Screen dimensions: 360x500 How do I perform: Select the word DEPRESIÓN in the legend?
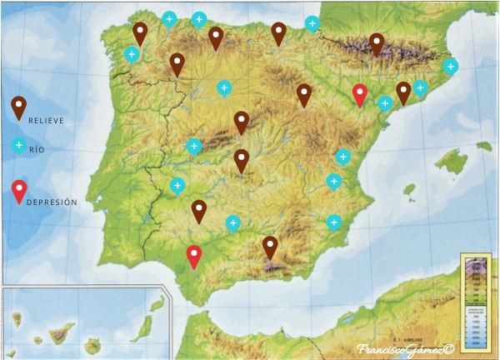pos(52,202)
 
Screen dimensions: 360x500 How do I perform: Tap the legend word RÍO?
pos(36,151)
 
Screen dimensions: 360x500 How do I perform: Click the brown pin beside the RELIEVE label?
pos(17,107)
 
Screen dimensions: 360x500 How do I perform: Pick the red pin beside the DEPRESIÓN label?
pos(18,191)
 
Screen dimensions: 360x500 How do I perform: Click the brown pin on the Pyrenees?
pos(377,42)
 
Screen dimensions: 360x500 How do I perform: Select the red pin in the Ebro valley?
pos(359,94)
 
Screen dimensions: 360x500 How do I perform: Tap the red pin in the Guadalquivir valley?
pos(194,255)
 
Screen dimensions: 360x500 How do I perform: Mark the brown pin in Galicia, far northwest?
pos(141,33)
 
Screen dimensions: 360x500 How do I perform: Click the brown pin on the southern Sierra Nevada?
pos(270,246)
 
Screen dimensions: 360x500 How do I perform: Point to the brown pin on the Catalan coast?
pos(403,91)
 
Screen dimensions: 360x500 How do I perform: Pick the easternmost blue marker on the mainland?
pos(451,66)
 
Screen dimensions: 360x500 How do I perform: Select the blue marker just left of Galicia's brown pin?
pos(131,55)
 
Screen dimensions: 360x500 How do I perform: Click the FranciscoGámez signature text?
pos(405,351)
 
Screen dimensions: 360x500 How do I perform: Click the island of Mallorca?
pos(452,161)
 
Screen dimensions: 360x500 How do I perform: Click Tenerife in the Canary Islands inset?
pos(61,334)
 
